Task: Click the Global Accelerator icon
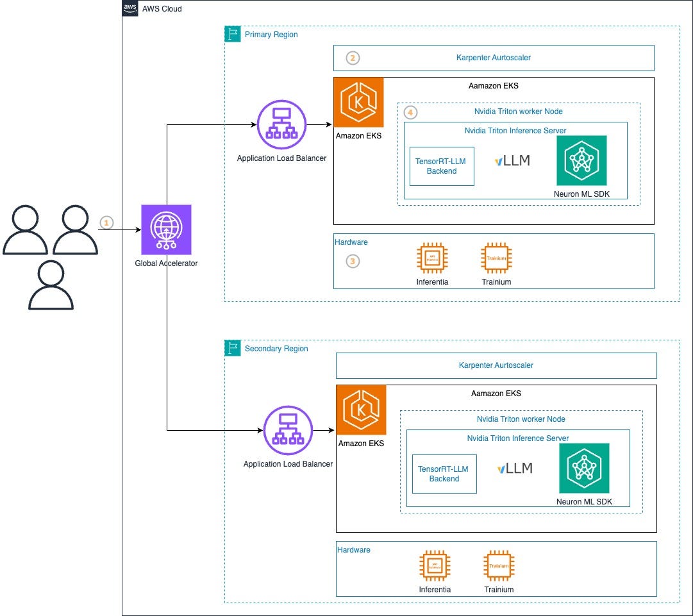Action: tap(166, 229)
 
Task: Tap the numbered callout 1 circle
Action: tap(107, 222)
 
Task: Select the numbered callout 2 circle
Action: tap(353, 58)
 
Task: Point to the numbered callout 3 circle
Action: tap(353, 261)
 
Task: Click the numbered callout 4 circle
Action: tap(410, 112)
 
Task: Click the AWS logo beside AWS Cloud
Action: tap(131, 8)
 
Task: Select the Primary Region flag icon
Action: tap(233, 34)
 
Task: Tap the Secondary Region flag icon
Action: tap(233, 348)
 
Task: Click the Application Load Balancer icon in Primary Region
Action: tap(281, 125)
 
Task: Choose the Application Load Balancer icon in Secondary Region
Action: tap(288, 431)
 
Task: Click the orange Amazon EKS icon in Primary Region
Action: tap(358, 103)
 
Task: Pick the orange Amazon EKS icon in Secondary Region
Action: tap(361, 410)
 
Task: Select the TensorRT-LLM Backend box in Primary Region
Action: tap(442, 167)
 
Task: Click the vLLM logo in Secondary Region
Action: tap(515, 469)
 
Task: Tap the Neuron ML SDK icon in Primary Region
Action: tap(581, 161)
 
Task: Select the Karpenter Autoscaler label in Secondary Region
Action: tap(496, 365)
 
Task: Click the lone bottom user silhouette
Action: tap(51, 286)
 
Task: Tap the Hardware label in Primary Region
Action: tap(351, 242)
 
